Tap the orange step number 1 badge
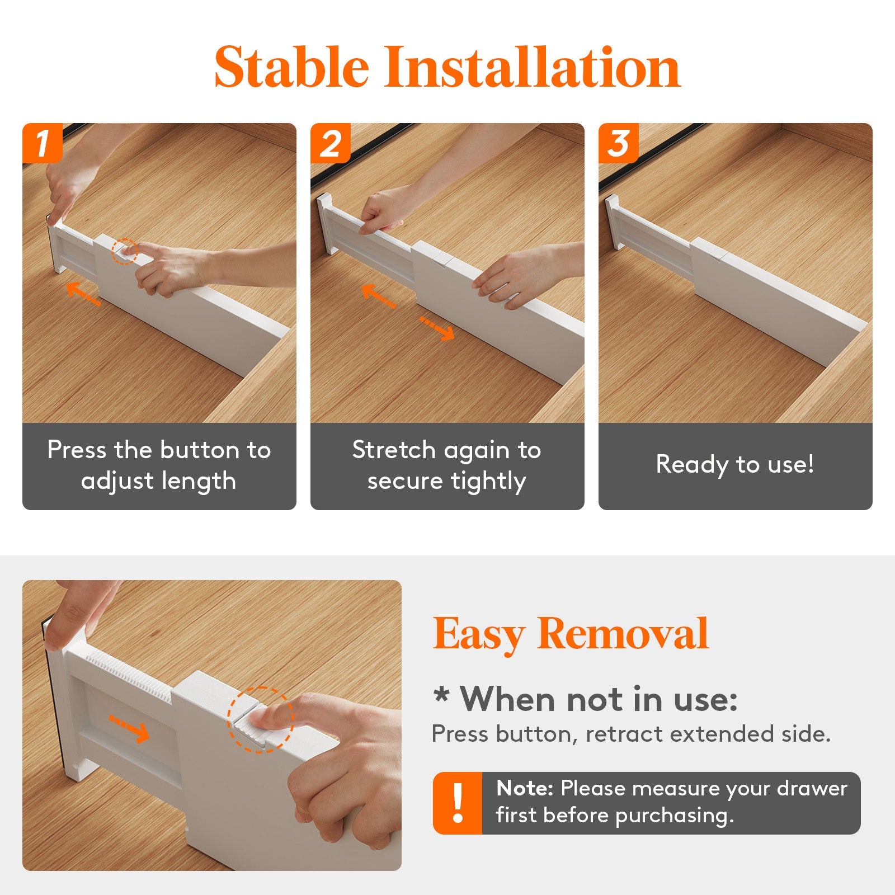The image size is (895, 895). pos(42,143)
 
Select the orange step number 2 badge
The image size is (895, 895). pos(330,143)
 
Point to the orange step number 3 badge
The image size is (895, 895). pos(618,143)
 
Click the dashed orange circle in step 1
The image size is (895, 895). pos(124,251)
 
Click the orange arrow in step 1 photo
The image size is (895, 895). pos(83,294)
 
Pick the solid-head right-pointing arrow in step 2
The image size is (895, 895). pos(437,328)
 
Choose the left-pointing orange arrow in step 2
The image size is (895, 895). pos(378,295)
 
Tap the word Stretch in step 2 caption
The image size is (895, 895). pos(394,450)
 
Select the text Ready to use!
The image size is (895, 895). pos(735,464)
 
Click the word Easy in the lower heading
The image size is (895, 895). pos(478,634)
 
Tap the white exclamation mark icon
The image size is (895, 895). pos(458,803)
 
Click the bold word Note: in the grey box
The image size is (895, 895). pos(524,788)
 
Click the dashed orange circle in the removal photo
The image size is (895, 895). pos(260,719)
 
